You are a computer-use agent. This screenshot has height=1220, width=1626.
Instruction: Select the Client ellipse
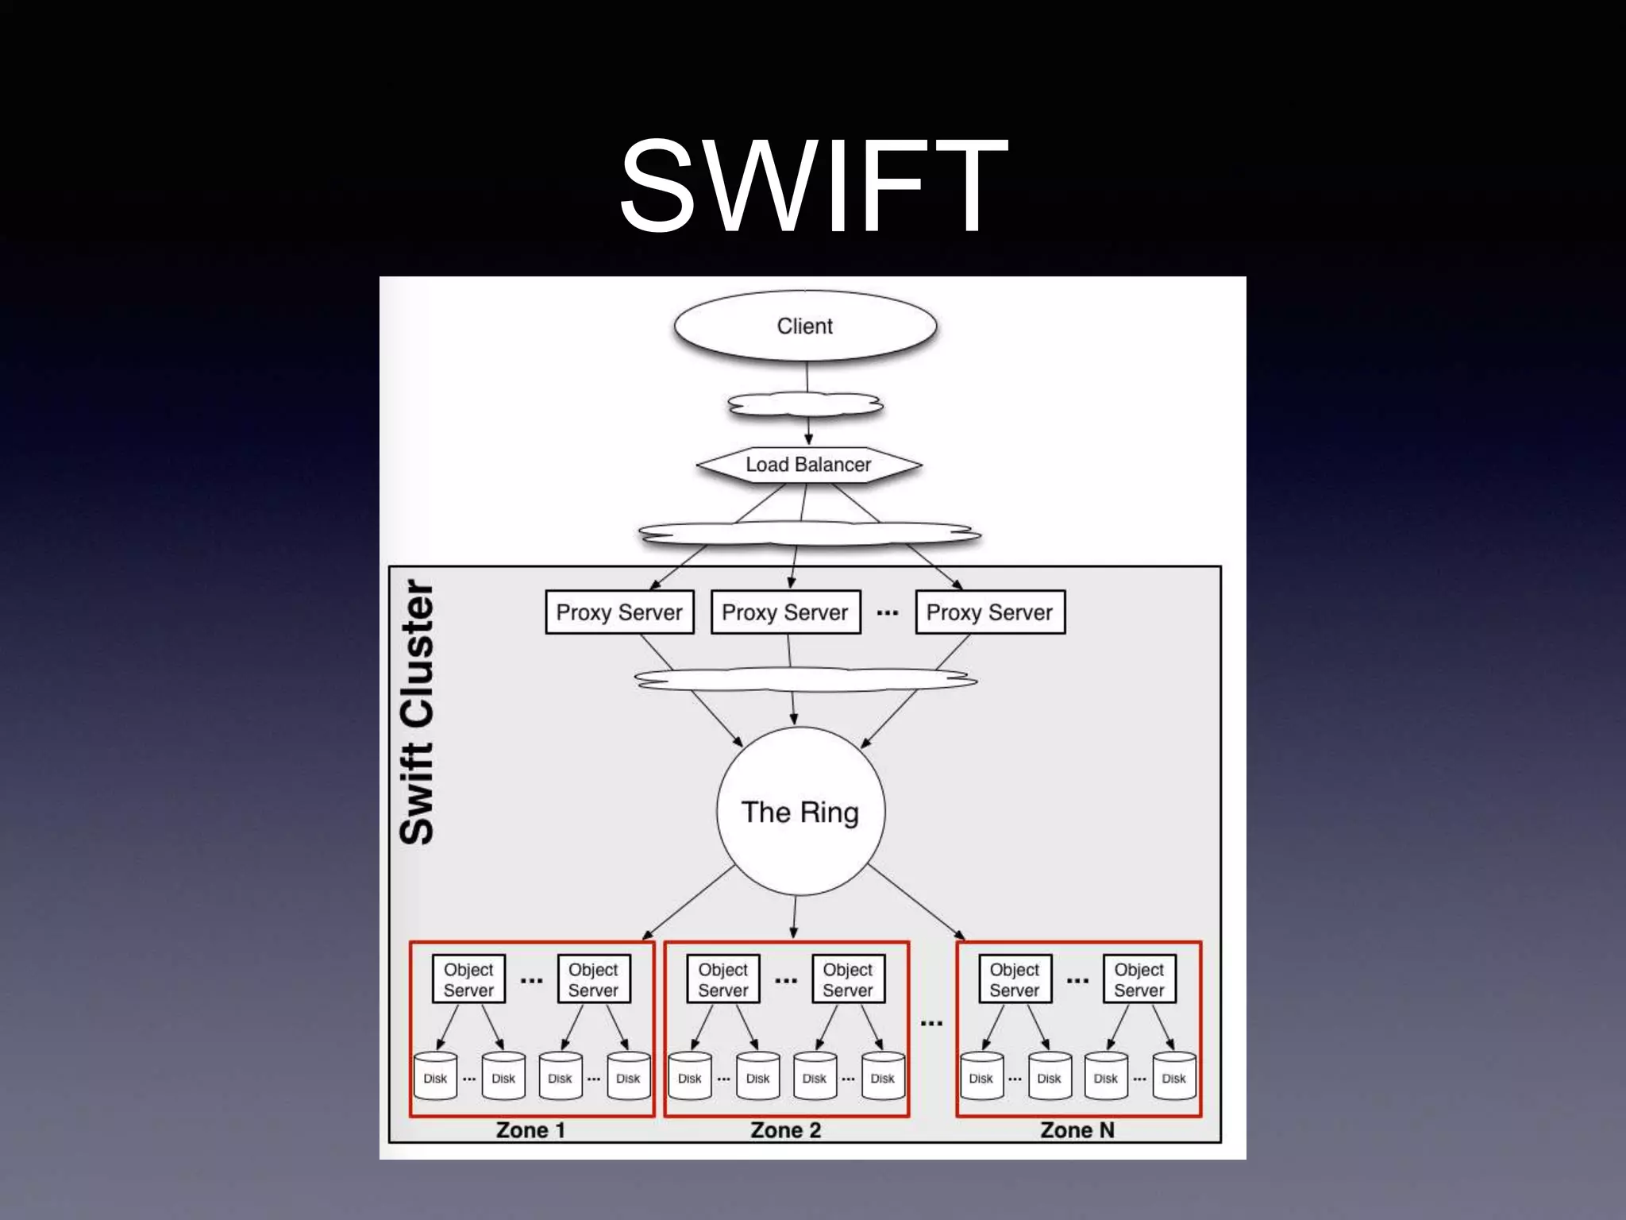coord(805,326)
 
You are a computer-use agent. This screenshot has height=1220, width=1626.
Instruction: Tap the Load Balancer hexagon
coord(808,465)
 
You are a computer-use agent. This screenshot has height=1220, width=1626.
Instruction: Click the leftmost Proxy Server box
coord(619,612)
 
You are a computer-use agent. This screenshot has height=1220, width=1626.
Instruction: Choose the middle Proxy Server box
coord(785,612)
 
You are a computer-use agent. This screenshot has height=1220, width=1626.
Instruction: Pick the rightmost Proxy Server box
coord(989,612)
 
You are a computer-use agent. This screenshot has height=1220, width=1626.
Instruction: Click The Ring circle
coord(800,812)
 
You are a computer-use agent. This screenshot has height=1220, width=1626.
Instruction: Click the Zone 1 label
coord(530,1129)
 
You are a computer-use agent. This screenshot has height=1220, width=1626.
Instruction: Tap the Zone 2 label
coord(785,1129)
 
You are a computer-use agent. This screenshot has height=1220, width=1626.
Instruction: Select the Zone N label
coord(1077,1129)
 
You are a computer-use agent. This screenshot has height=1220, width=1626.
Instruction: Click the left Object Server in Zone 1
coord(468,979)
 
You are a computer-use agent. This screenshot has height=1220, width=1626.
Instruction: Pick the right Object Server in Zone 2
coord(848,979)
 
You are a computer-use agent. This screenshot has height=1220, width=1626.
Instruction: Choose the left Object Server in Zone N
coord(1015,979)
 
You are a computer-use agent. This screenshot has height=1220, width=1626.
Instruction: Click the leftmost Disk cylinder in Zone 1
coord(435,1076)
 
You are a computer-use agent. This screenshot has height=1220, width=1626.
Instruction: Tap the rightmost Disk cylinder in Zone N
coord(1173,1076)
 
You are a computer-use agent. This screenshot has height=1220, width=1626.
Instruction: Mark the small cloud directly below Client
coord(805,406)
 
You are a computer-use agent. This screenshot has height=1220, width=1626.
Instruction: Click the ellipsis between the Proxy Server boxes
coord(888,613)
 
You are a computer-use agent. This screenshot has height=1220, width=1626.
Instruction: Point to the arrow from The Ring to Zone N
coord(917,903)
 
